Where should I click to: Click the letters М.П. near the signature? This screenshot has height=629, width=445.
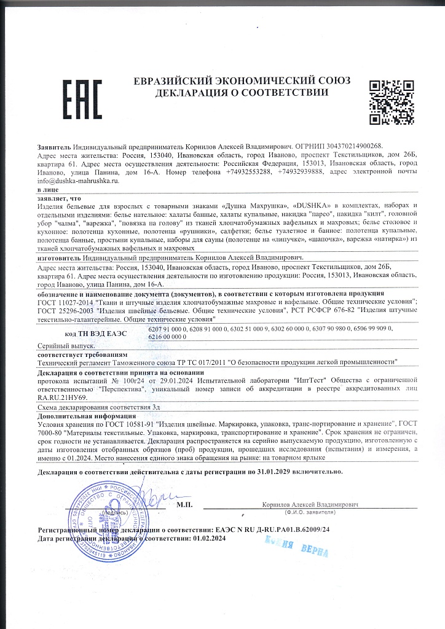pyautogui.click(x=184, y=505)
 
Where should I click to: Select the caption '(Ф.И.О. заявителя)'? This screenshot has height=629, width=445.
pyautogui.click(x=310, y=512)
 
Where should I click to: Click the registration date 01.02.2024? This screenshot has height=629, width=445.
pyautogui.click(x=210, y=538)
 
